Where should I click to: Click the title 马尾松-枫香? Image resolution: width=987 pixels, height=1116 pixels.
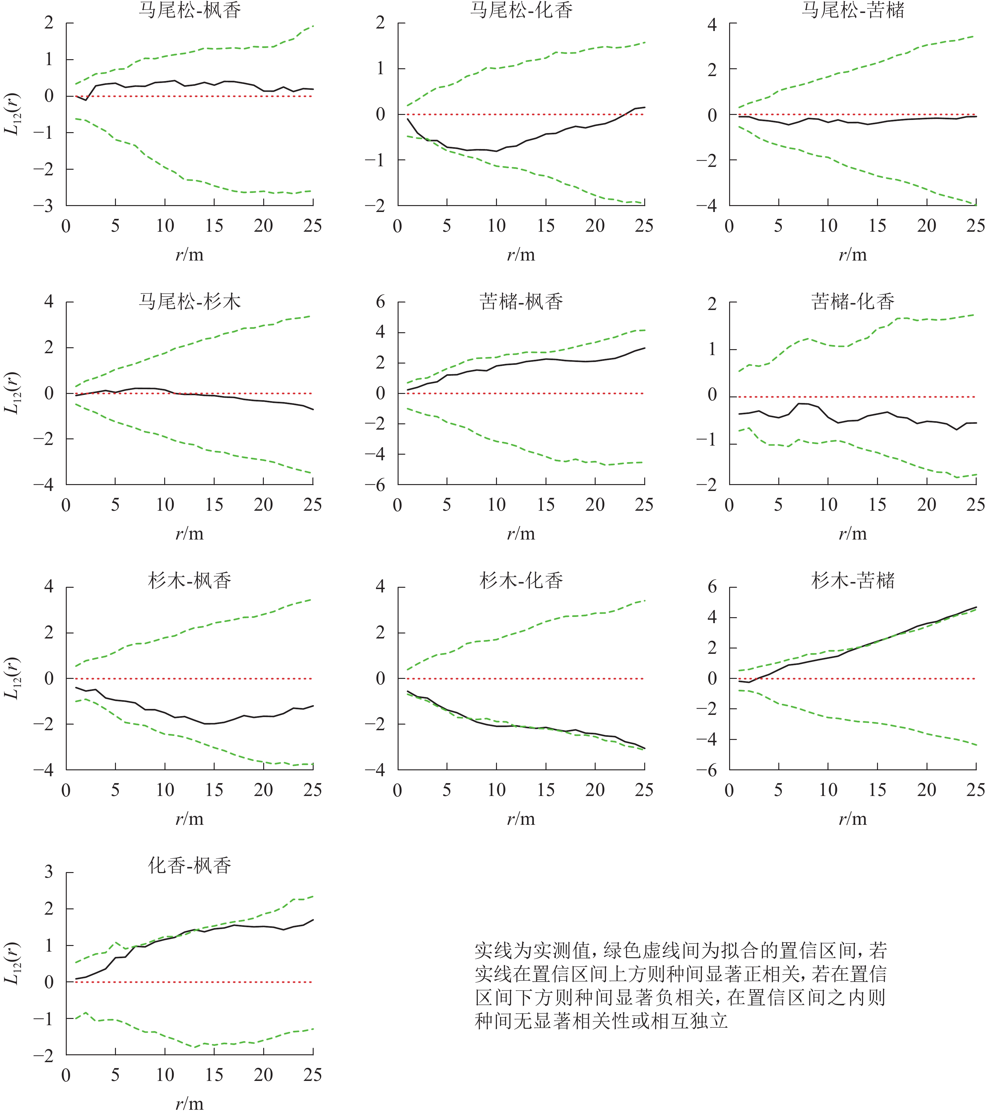point(190,10)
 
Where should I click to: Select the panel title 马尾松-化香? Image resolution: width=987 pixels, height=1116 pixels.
point(521,10)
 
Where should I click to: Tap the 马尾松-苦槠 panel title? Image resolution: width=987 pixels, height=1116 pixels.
point(853,10)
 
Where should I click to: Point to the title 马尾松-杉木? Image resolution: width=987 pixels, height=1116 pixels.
point(190,301)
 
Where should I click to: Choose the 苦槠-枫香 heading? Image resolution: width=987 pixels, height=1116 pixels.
point(521,301)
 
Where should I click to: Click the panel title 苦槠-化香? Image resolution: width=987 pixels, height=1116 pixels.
point(853,301)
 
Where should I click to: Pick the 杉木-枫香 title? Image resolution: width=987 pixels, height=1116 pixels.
point(190,580)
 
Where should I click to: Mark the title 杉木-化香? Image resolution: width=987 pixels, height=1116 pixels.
point(521,580)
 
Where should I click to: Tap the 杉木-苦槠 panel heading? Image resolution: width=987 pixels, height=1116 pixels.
point(853,580)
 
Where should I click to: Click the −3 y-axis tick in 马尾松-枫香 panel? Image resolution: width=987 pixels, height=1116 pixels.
point(43,206)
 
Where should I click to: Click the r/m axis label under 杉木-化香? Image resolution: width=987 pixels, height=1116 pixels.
point(521,819)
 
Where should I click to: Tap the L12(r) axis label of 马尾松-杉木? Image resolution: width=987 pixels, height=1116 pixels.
point(12,393)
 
